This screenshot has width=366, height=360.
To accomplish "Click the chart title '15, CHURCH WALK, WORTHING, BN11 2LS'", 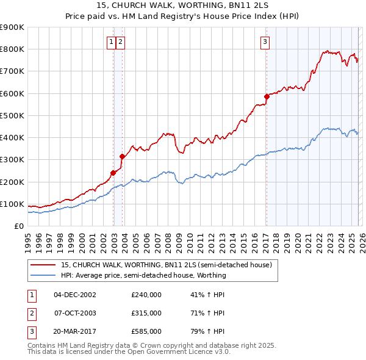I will [182, 5].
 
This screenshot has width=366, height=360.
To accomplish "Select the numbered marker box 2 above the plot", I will [121, 41].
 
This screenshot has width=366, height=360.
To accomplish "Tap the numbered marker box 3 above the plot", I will [265, 41].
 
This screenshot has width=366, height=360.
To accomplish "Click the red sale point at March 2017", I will [267, 96].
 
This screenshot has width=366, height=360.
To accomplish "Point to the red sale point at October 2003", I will [122, 156].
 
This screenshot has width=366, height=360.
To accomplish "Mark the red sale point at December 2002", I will [113, 173].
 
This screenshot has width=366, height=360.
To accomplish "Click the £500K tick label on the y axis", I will [12, 115].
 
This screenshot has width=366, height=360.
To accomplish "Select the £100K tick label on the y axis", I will [12, 204].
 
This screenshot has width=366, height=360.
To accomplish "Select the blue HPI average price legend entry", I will [143, 275].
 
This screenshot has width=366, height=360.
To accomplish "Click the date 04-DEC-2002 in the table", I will [75, 295].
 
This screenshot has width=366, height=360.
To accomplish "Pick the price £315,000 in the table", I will [146, 313].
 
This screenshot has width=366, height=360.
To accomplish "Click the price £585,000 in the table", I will [146, 331].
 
